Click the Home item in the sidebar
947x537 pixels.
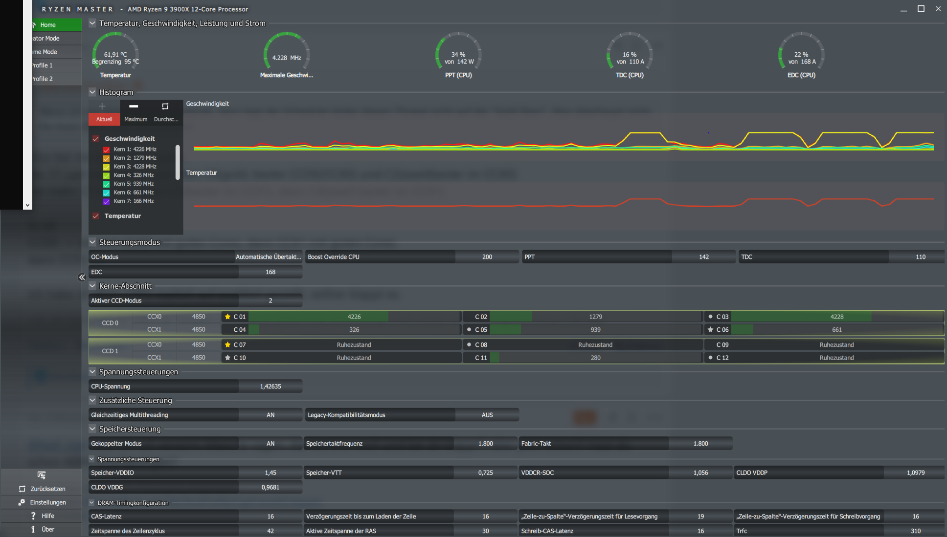click(48, 25)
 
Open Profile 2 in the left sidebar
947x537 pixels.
click(43, 79)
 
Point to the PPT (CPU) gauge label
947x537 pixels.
click(458, 75)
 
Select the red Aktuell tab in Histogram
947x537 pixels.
click(104, 119)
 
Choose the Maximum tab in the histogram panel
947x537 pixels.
click(135, 119)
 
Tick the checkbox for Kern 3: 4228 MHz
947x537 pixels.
click(106, 167)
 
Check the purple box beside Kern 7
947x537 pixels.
click(106, 201)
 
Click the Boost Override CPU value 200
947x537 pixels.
click(487, 257)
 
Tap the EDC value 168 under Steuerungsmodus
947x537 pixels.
click(271, 272)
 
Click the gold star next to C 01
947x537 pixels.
click(227, 317)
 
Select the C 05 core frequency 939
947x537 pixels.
click(595, 330)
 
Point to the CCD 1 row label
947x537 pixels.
click(110, 351)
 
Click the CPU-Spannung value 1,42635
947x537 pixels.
click(271, 387)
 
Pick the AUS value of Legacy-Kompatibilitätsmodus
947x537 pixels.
click(487, 415)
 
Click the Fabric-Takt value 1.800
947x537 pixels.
click(700, 444)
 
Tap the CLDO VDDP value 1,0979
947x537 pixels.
click(915, 473)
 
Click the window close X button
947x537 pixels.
click(938, 9)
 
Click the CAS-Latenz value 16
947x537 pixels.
click(271, 516)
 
